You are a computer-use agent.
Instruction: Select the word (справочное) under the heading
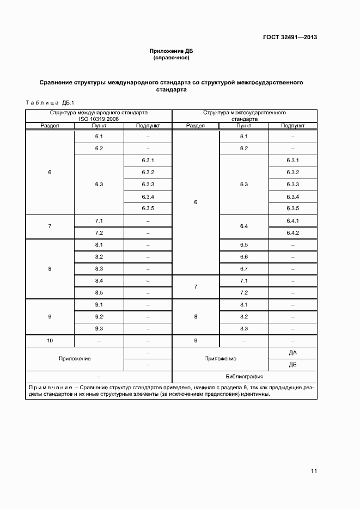tap(172, 58)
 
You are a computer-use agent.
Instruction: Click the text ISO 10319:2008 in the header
tap(99, 118)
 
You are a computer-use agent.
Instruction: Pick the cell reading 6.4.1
tap(292, 220)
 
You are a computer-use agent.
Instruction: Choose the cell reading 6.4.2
tap(292, 232)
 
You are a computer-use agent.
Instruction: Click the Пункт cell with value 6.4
tap(243, 226)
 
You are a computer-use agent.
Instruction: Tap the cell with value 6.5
tap(243, 244)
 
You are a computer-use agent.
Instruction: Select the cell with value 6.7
tap(243, 268)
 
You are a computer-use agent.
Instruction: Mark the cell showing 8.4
tap(99, 280)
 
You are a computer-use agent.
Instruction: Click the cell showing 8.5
tap(99, 292)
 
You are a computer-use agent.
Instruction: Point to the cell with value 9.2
tap(99, 316)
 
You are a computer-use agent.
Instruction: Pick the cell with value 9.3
tap(99, 328)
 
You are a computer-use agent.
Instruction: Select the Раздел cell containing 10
tap(50, 340)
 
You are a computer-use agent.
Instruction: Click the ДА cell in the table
tap(292, 352)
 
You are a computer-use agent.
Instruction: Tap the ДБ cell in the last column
tap(292, 364)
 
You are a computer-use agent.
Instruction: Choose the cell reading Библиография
tap(245, 376)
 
